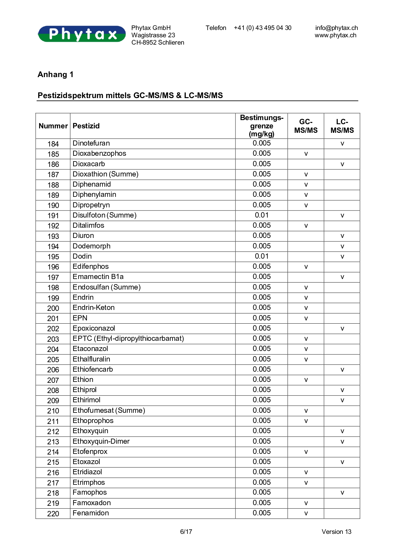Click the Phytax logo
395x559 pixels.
[82, 34]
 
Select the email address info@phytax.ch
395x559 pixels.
[336, 28]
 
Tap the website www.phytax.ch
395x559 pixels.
[335, 35]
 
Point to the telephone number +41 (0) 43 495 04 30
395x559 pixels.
[263, 28]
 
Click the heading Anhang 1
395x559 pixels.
[55, 75]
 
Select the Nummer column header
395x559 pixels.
[53, 126]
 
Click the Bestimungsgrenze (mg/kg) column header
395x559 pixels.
[262, 126]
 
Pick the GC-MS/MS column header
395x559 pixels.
[306, 126]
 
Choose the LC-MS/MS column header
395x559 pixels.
[342, 126]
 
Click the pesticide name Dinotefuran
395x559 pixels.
[91, 143]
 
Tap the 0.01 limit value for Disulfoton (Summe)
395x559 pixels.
[262, 215]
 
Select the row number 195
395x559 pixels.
[53, 257]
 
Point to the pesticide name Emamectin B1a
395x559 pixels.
[98, 277]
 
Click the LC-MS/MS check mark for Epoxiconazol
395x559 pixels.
[342, 329]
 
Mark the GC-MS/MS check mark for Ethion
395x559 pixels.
[306, 380]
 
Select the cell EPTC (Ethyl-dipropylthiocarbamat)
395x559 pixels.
[128, 339]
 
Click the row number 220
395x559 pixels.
[53, 514]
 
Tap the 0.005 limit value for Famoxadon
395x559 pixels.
[262, 503]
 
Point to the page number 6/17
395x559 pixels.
[186, 532]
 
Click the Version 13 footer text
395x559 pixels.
[336, 532]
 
